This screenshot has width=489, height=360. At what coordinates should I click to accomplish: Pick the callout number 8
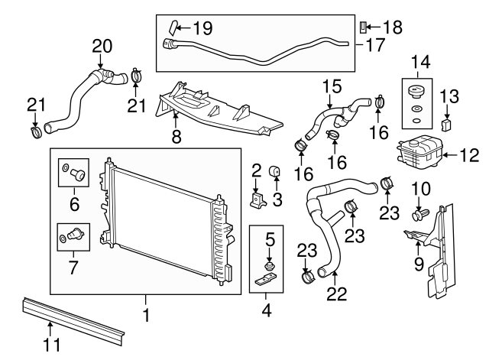(x=176, y=138)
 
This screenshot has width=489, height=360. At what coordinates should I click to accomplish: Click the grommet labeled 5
(x=267, y=264)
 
